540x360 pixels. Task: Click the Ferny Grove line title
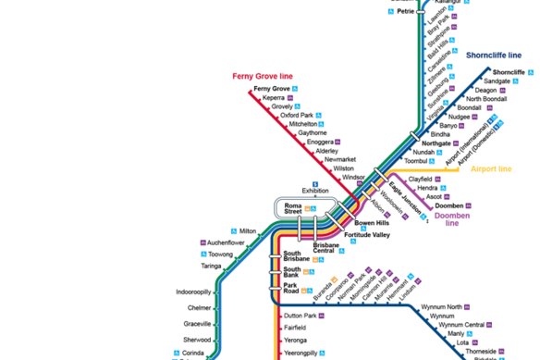pos(262,75)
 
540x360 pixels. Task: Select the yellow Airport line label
pos(491,169)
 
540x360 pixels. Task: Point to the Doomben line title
pos(452,218)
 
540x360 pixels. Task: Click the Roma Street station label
pos(293,208)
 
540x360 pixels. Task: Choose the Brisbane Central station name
pos(329,248)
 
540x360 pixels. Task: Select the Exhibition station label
pos(315,192)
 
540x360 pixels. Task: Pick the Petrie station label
pos(406,13)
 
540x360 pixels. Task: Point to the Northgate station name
pos(436,143)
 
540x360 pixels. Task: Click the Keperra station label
pos(274,97)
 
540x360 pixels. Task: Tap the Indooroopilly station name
pos(196,292)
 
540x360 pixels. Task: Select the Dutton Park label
pos(301,317)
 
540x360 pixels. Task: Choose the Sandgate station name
pos(497,81)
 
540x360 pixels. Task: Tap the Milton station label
pos(248,231)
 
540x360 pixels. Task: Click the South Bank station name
pos(293,272)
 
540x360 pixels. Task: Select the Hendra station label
pos(428,188)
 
